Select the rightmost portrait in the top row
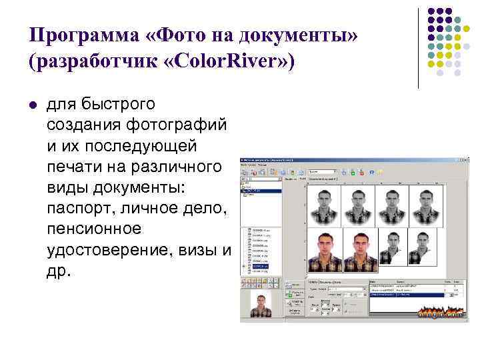pyautogui.click(x=427, y=202)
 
